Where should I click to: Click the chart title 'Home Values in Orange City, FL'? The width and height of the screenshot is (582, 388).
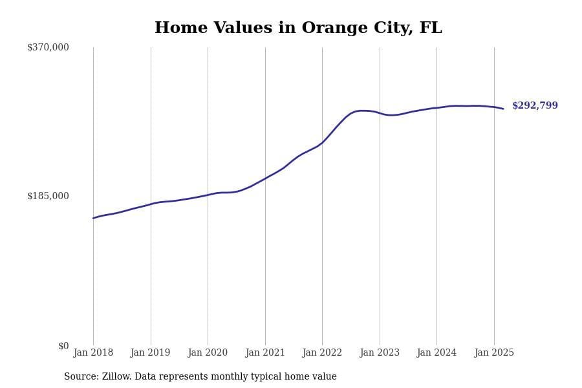point(298,28)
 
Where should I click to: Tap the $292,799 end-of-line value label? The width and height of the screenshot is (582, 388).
point(535,106)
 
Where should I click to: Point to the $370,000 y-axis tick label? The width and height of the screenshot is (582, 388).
point(48,47)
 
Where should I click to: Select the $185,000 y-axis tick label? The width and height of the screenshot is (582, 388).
point(48,196)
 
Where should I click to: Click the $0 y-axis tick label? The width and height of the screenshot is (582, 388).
point(63,346)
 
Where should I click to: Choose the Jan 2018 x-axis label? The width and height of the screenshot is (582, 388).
point(93,353)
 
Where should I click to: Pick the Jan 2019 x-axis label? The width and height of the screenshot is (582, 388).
point(151,353)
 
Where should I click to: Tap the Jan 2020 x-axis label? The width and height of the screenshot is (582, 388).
point(208,353)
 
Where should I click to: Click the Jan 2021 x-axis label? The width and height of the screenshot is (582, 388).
point(265,353)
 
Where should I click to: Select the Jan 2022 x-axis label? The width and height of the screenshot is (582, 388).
point(322,353)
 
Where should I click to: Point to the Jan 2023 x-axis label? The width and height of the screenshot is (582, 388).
point(380,353)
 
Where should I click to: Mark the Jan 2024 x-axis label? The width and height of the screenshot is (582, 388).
point(436,353)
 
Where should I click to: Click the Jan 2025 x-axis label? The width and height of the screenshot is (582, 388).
point(494,353)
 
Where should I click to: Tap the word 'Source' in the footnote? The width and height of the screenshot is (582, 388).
point(80,377)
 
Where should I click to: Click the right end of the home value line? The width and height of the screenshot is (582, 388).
point(503,109)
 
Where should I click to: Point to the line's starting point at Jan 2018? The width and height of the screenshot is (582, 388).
point(93,218)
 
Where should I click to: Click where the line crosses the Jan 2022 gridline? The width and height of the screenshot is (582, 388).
point(322,143)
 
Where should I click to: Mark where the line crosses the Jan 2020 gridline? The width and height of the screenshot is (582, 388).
point(208,195)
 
